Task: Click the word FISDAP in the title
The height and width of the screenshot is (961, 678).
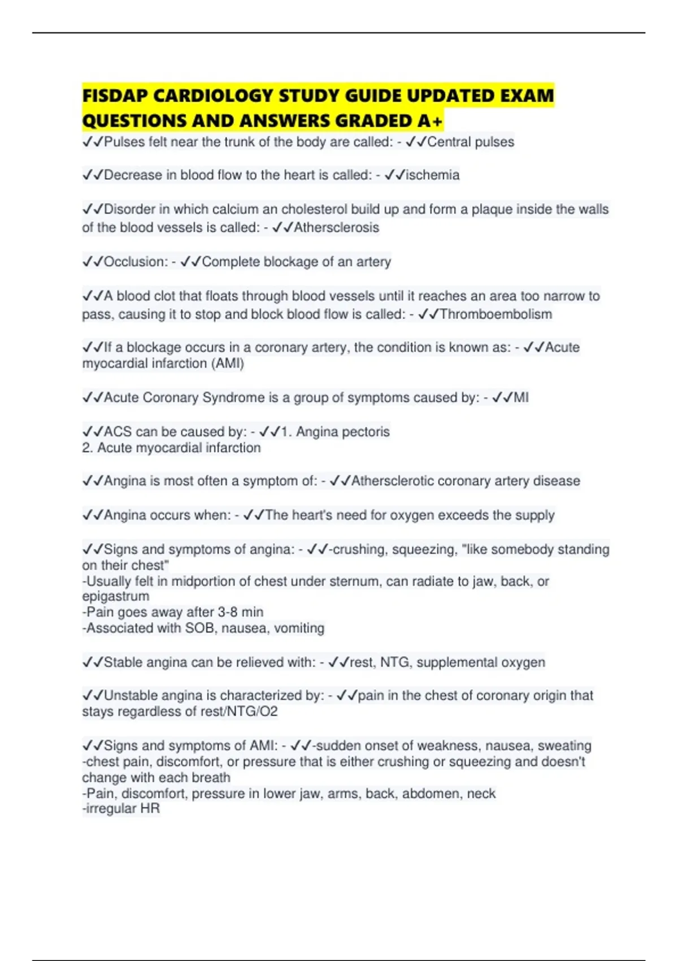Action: point(115,96)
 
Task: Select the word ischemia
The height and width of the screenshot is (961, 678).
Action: point(433,175)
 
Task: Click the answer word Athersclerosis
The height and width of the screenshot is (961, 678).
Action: point(337,228)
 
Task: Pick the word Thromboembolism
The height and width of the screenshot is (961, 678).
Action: point(496,314)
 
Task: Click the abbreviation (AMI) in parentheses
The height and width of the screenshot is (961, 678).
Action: point(227,363)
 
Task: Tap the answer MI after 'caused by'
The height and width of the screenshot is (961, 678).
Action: point(521,397)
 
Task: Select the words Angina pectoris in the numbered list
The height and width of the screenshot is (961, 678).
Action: point(343,432)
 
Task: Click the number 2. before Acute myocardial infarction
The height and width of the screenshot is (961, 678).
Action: point(88,448)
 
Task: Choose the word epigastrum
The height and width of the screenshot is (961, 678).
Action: point(116,596)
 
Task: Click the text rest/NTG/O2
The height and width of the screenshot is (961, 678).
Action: point(236,711)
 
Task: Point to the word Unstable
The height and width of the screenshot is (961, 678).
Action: point(132,695)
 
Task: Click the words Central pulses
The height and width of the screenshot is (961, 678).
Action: point(471,142)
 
